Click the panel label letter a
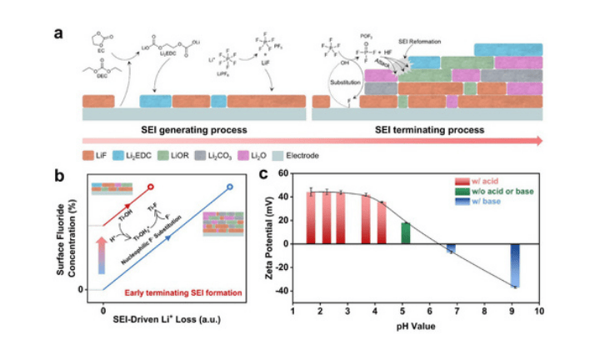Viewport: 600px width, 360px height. [x=59, y=34]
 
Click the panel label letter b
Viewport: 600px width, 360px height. [x=59, y=176]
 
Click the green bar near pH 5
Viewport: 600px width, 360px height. [x=405, y=233]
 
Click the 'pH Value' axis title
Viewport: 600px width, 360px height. [x=416, y=325]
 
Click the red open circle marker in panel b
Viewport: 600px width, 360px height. [x=151, y=187]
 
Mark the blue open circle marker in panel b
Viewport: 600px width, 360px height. [x=230, y=187]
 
